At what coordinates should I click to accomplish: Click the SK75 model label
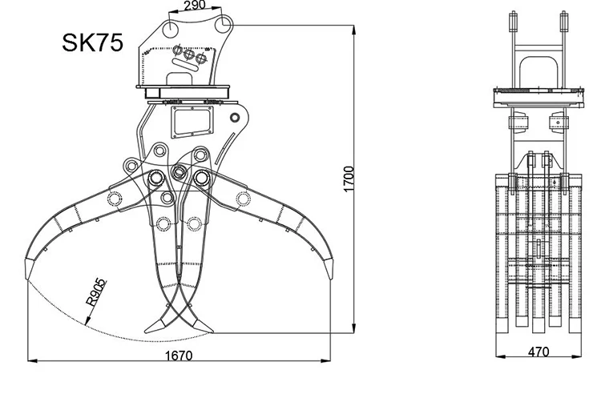tap(92, 42)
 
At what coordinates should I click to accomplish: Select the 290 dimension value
tap(195, 6)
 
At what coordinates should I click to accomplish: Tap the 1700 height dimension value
tap(349, 179)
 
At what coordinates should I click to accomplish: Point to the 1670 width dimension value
tap(179, 356)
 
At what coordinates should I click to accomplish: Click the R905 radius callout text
tap(95, 292)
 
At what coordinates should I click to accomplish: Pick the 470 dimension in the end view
tap(538, 352)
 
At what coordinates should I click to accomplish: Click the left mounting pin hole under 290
tap(170, 29)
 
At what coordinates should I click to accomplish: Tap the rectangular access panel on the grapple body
tap(192, 122)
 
